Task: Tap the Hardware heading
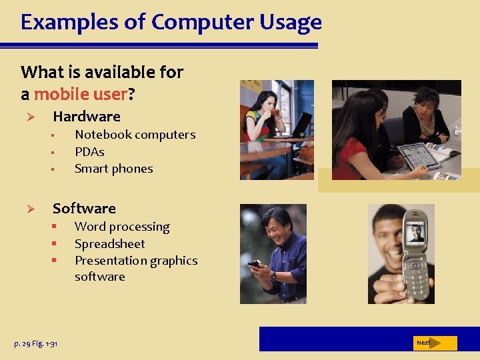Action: (87, 117)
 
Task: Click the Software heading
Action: (84, 209)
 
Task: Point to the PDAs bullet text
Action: (89, 152)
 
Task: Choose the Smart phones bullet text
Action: (114, 169)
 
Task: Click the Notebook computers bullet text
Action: (135, 135)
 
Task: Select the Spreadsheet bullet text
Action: (109, 244)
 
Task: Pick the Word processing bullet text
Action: (122, 227)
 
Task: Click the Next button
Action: (434, 343)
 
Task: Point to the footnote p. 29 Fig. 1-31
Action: (36, 343)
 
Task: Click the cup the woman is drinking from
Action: (275, 112)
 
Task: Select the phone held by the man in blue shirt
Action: (254, 265)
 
